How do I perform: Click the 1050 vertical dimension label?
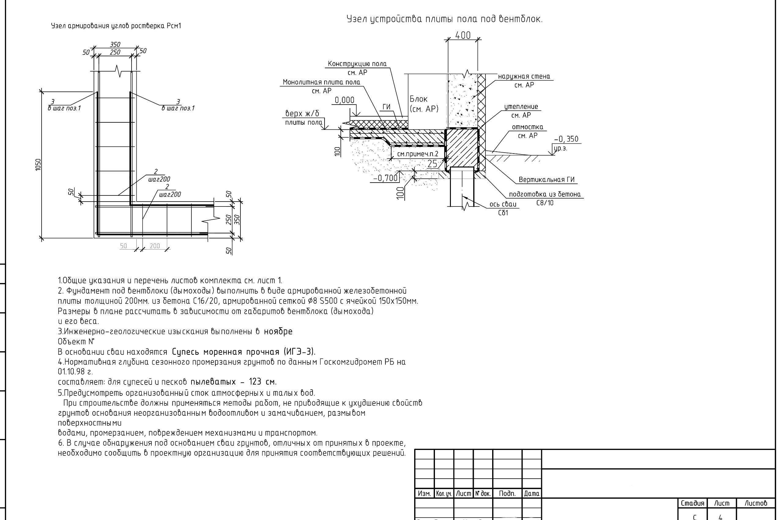38,165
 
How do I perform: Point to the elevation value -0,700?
385,178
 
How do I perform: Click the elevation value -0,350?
566,139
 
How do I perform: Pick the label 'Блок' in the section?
418,99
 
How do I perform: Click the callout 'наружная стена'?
524,76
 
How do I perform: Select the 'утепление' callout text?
521,106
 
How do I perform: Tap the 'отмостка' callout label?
527,127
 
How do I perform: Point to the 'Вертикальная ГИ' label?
547,180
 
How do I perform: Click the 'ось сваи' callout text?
503,204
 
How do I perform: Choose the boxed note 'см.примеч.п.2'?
418,154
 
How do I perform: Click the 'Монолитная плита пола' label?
321,82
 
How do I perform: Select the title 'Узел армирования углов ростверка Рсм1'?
116,26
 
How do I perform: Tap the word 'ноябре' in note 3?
278,332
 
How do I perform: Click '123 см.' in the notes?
263,381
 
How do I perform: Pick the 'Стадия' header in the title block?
693,503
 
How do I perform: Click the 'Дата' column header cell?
532,493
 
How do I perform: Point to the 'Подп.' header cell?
507,493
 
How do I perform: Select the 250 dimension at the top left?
115,52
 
